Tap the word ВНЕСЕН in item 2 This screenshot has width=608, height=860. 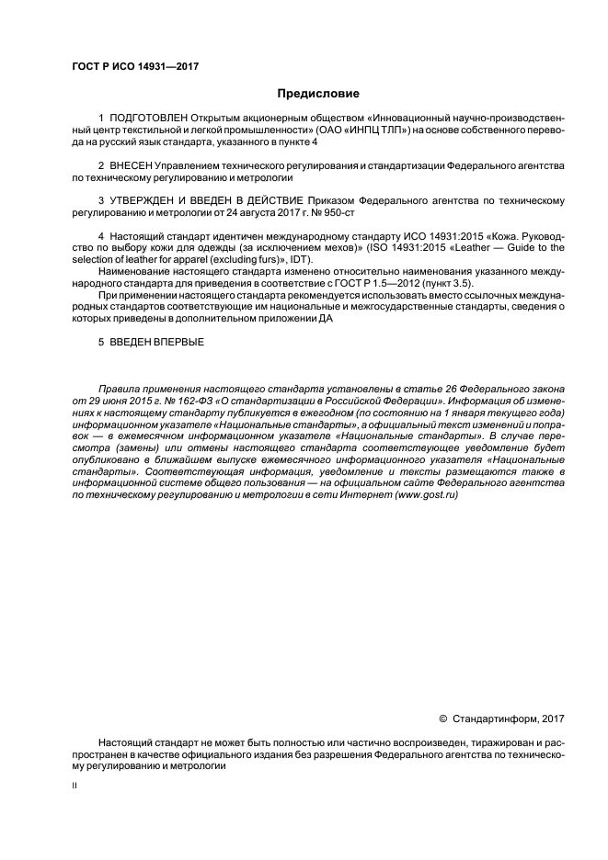tap(132, 164)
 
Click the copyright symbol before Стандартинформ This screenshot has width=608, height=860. tap(443, 718)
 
